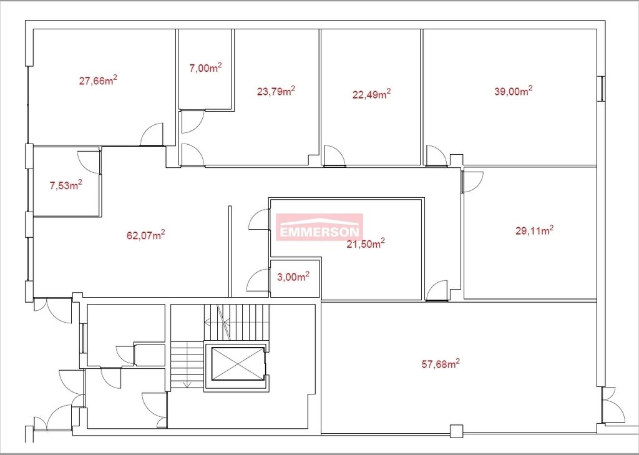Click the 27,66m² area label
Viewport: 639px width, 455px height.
[98, 80]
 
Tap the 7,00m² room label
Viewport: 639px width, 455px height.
[205, 67]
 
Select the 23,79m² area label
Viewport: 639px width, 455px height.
[276, 91]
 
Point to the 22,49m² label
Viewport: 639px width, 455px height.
[371, 94]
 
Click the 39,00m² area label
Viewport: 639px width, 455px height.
[513, 91]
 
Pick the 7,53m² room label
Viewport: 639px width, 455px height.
[66, 185]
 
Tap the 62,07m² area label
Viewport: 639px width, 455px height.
[145, 235]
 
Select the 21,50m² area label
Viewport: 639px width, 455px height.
[366, 244]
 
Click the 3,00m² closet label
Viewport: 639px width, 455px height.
[293, 277]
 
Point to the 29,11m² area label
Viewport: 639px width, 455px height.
[534, 230]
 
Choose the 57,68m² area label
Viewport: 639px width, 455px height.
[441, 363]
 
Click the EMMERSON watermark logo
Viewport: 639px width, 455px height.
[319, 227]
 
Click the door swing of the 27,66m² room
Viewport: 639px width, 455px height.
[152, 135]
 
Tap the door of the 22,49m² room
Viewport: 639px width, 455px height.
[334, 155]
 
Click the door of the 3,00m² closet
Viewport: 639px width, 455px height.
[258, 280]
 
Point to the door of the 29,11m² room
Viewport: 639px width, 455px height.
[473, 182]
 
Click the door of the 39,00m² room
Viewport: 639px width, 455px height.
[436, 155]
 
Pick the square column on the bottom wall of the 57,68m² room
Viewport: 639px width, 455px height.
[456, 431]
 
